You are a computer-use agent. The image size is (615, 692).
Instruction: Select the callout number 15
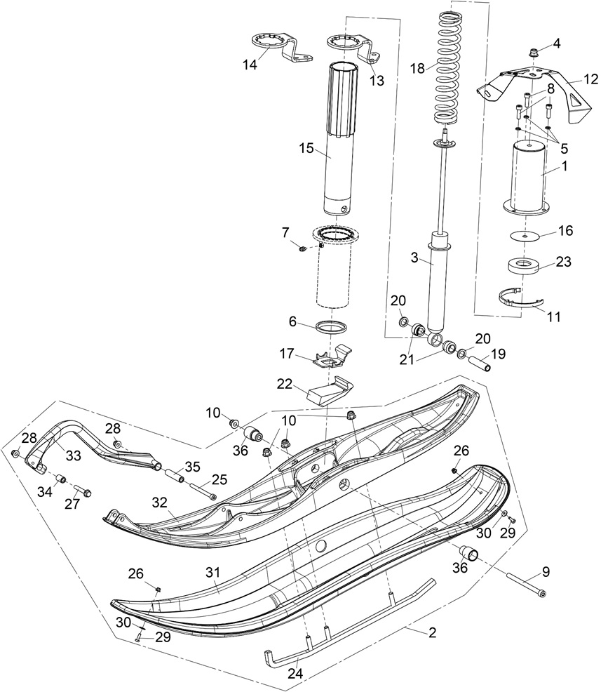click(x=305, y=149)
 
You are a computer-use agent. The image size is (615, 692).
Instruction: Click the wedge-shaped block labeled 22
click(x=328, y=390)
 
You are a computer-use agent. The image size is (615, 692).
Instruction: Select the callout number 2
click(x=432, y=633)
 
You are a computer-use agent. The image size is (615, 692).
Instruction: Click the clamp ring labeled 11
click(x=525, y=300)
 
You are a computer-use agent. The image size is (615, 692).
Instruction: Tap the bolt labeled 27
click(x=81, y=493)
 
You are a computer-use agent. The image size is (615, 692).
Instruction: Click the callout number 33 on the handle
click(x=73, y=455)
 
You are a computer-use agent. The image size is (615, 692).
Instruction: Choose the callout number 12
click(x=590, y=79)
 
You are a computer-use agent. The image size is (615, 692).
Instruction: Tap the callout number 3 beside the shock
click(x=414, y=258)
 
